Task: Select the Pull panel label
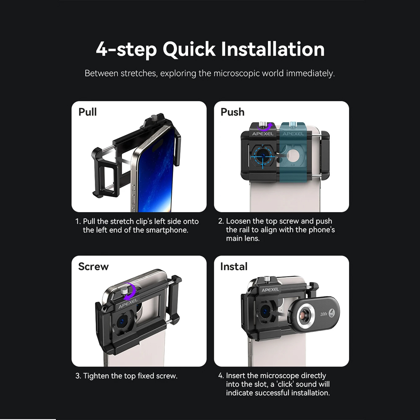click(87, 112)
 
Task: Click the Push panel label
click(233, 112)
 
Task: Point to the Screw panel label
click(94, 267)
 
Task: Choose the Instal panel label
click(234, 267)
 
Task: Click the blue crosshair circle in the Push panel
click(263, 156)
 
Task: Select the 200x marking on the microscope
click(324, 314)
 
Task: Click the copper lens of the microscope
click(304, 314)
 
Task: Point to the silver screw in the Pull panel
click(154, 118)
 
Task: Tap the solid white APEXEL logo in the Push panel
click(263, 134)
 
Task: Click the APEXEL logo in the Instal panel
click(270, 289)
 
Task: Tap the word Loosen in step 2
click(238, 221)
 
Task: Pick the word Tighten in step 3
click(96, 376)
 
